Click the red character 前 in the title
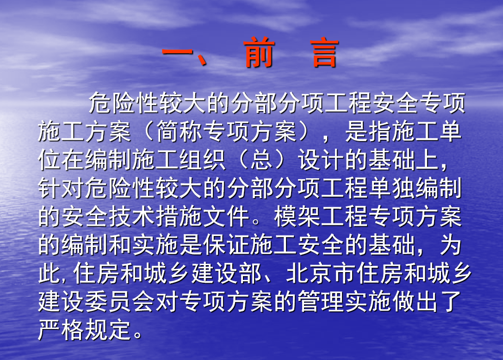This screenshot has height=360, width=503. coord(259,52)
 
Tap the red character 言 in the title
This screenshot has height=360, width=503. coord(324,53)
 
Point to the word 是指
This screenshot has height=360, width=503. coord(368,131)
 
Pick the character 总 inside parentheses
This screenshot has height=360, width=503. coord(262,160)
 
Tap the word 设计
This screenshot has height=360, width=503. coord(321,160)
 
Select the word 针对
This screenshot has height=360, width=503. coord(61,188)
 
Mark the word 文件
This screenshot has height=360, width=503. coord(226,216)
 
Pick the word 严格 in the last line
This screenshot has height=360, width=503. coord(61,329)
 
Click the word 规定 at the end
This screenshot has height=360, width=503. coord(108,329)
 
